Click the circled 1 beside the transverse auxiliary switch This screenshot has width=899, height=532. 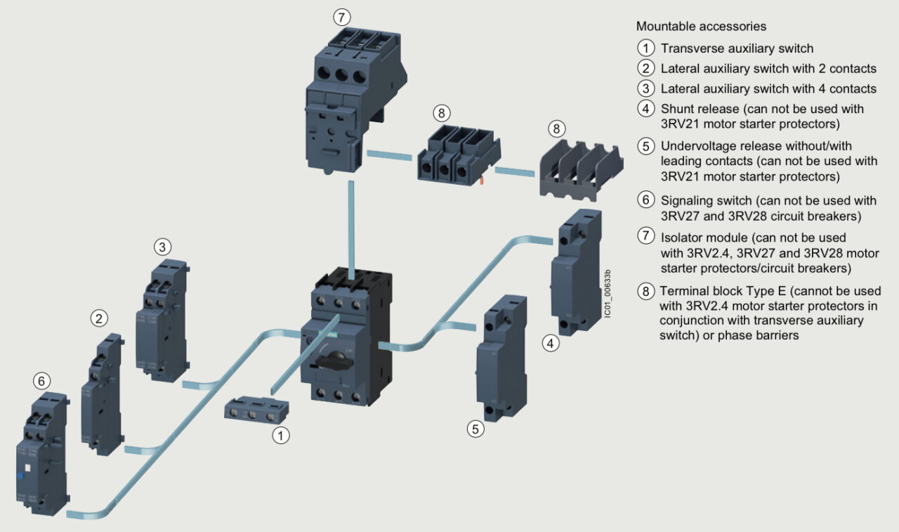(x=281, y=436)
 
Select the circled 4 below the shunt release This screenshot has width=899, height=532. (x=552, y=344)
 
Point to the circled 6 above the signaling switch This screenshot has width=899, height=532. (x=42, y=381)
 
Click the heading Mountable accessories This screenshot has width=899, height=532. (x=701, y=27)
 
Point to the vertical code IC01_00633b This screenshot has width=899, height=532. (x=608, y=293)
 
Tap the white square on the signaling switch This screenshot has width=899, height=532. (x=27, y=466)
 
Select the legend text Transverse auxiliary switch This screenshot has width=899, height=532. (x=737, y=48)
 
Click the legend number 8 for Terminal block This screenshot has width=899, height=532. (x=645, y=291)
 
